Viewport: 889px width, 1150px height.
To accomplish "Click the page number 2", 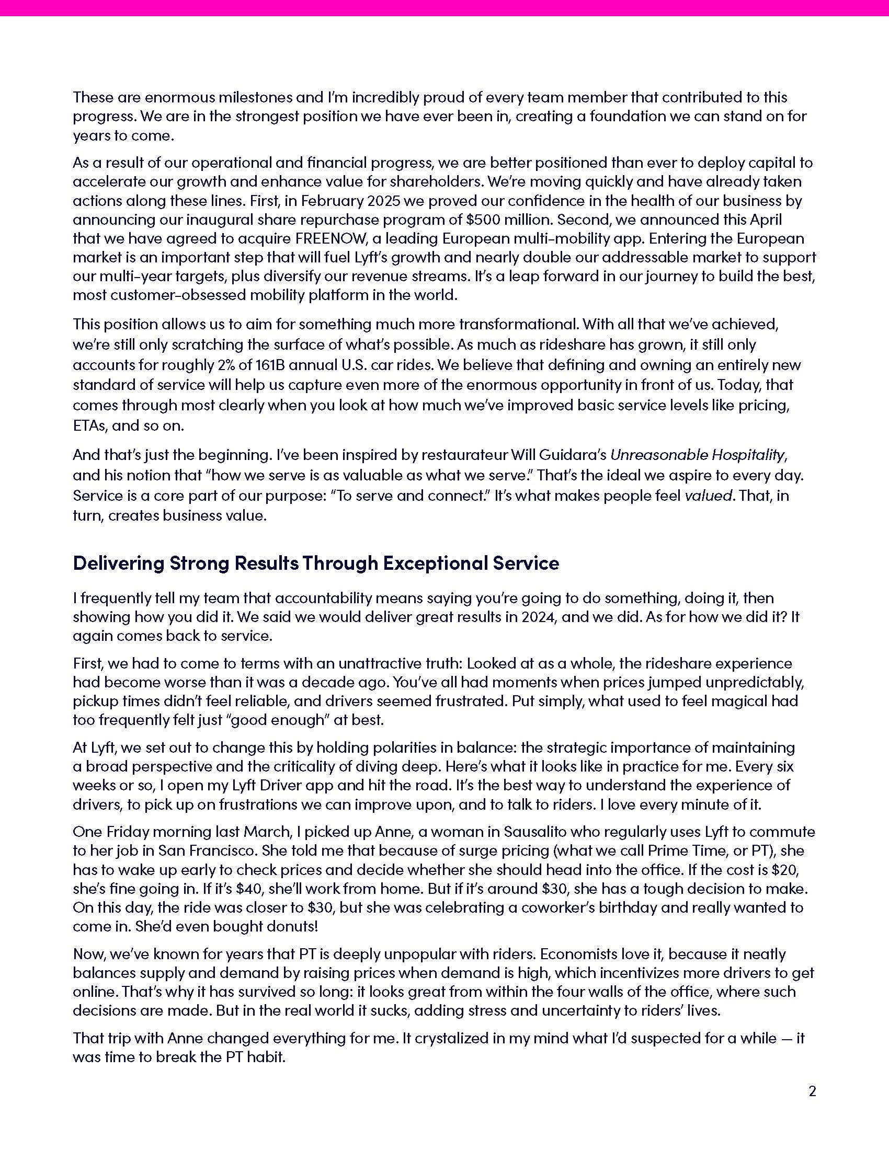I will point(812,1091).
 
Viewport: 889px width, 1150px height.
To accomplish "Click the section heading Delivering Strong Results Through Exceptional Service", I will point(315,563).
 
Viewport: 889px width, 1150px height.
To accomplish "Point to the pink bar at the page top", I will point(444,8).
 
